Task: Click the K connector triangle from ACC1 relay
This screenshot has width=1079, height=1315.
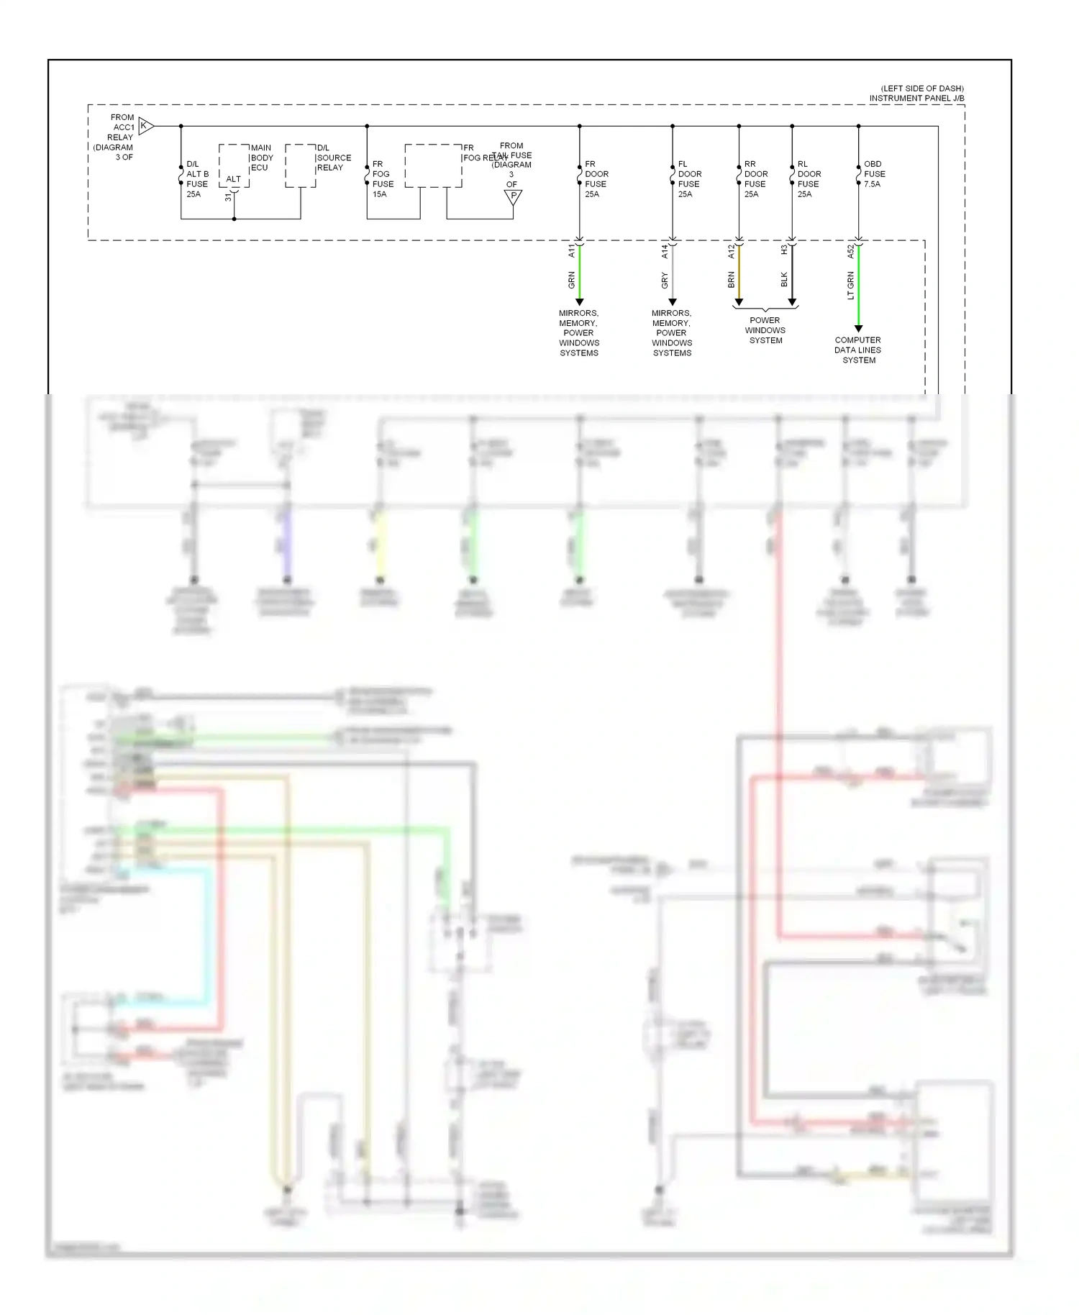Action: [145, 126]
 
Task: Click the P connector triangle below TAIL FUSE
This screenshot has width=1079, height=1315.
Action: [513, 196]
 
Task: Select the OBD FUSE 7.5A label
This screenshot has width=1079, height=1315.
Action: [874, 174]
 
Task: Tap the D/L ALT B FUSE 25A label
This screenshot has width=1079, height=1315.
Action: [197, 179]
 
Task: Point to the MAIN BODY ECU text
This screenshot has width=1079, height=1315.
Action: [262, 158]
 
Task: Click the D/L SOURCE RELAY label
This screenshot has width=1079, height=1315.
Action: [334, 158]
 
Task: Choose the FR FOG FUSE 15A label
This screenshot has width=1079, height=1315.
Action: [382, 179]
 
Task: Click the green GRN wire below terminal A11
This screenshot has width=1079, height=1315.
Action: [580, 273]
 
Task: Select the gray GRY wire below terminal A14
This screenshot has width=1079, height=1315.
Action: [673, 273]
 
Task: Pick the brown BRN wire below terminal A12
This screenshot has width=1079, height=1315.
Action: [739, 273]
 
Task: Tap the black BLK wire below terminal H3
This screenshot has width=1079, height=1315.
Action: [792, 273]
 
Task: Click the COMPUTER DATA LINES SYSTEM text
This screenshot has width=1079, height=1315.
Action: [858, 350]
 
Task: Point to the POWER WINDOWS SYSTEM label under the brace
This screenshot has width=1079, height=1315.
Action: [765, 330]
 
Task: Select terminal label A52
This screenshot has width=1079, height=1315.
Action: [850, 251]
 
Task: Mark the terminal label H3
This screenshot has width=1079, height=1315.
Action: [784, 250]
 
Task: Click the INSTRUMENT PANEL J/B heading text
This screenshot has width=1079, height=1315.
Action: [916, 98]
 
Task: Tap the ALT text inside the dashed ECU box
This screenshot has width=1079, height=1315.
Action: [234, 179]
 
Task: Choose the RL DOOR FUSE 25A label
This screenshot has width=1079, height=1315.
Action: [809, 179]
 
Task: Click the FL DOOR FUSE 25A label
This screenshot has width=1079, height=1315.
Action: [689, 179]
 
